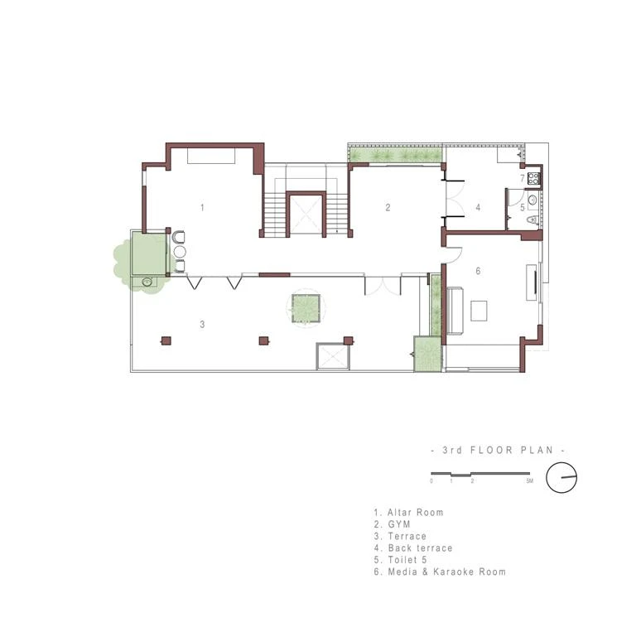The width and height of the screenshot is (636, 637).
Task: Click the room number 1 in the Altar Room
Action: (202, 208)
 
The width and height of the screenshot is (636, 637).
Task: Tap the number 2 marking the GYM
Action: (388, 208)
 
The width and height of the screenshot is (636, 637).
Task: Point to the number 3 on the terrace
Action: (202, 324)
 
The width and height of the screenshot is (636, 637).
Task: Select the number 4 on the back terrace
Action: (478, 208)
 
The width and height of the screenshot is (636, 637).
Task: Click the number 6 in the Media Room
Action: (478, 271)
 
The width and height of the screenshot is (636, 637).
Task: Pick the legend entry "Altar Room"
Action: (415, 513)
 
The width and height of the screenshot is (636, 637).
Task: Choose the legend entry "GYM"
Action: (399, 524)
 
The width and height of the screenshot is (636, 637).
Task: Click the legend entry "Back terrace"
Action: (420, 548)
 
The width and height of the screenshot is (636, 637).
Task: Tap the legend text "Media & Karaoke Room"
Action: (446, 572)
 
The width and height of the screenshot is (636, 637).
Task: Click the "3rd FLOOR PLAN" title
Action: (498, 450)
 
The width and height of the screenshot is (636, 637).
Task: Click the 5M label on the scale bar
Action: (529, 481)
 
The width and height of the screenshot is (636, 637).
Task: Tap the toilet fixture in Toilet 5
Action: (532, 220)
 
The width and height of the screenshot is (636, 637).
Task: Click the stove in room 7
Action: (533, 178)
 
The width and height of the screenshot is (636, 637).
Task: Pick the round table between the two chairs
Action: (180, 252)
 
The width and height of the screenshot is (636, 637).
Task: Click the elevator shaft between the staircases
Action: (306, 215)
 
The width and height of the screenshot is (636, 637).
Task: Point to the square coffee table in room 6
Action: (479, 311)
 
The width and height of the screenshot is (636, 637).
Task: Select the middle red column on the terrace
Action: (264, 340)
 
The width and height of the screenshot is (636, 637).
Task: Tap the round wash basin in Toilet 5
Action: (532, 200)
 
